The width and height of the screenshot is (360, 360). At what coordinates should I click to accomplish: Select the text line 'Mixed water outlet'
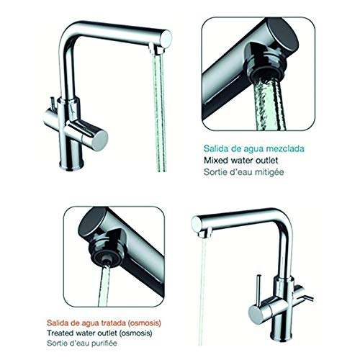[241, 160]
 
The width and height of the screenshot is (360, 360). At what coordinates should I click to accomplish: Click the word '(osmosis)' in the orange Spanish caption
[144, 323]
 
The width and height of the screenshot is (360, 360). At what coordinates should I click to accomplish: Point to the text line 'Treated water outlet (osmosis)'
[99, 333]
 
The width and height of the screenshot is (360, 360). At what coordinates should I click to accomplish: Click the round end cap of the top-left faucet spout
[166, 39]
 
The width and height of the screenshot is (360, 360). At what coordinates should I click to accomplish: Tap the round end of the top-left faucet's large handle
[100, 141]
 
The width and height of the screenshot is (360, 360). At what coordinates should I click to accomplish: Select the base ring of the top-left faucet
[71, 165]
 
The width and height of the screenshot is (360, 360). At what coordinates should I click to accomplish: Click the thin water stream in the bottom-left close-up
[104, 286]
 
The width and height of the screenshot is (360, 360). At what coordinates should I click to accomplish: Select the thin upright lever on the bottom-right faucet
[258, 290]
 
